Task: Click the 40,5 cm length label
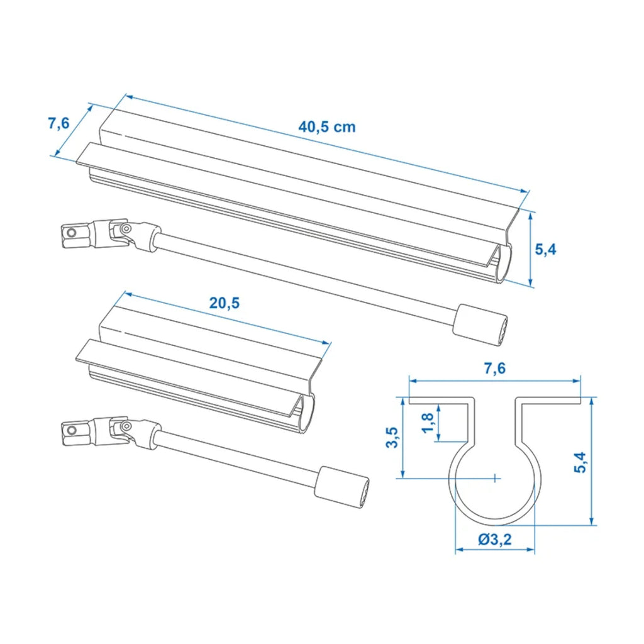click(x=326, y=127)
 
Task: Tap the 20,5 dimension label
click(x=225, y=303)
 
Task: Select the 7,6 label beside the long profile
click(x=58, y=123)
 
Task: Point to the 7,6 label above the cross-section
click(x=494, y=369)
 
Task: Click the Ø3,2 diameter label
click(x=495, y=539)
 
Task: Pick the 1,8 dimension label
click(x=428, y=423)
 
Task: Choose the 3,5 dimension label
click(x=392, y=438)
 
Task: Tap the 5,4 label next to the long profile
click(x=545, y=249)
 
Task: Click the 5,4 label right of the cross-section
click(x=580, y=462)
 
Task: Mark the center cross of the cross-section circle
click(x=496, y=478)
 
